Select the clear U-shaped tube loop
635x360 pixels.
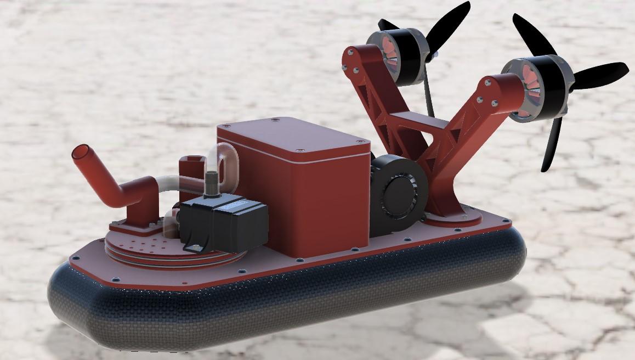222,159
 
